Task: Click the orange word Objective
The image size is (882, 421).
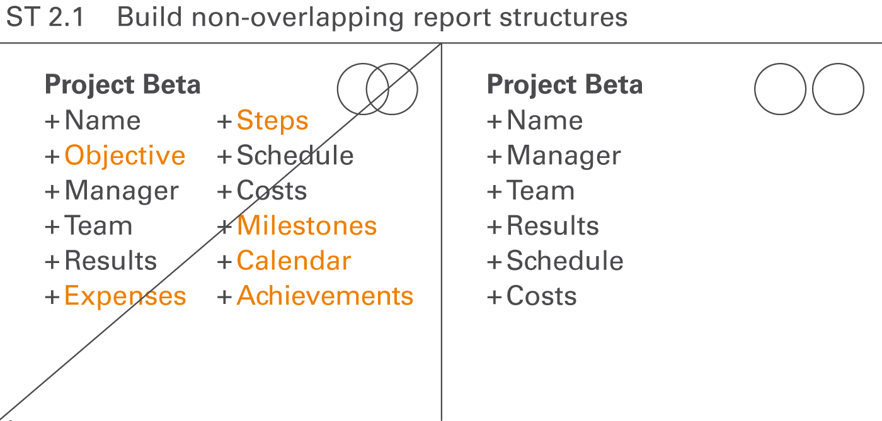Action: click(125, 156)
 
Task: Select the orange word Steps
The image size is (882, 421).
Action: click(272, 121)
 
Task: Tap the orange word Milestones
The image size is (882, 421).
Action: click(307, 226)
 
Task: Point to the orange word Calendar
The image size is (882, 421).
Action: click(294, 261)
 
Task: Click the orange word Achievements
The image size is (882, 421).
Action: click(325, 296)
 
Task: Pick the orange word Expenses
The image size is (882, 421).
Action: click(125, 296)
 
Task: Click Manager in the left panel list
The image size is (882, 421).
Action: click(122, 191)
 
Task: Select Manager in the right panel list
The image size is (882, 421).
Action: click(564, 156)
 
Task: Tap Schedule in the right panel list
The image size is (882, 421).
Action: click(564, 261)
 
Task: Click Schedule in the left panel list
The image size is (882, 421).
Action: click(295, 156)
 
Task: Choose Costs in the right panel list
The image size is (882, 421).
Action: click(541, 296)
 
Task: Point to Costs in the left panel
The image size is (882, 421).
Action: click(272, 191)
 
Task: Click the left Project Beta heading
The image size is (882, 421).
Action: click(123, 85)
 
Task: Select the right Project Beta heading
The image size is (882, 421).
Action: click(565, 85)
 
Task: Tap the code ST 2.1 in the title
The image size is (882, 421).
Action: click(45, 18)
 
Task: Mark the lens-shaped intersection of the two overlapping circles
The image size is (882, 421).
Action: click(377, 89)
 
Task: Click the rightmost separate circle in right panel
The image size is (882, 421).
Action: click(838, 89)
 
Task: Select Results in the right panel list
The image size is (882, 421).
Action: click(553, 226)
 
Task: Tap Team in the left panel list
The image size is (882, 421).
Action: click(98, 226)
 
